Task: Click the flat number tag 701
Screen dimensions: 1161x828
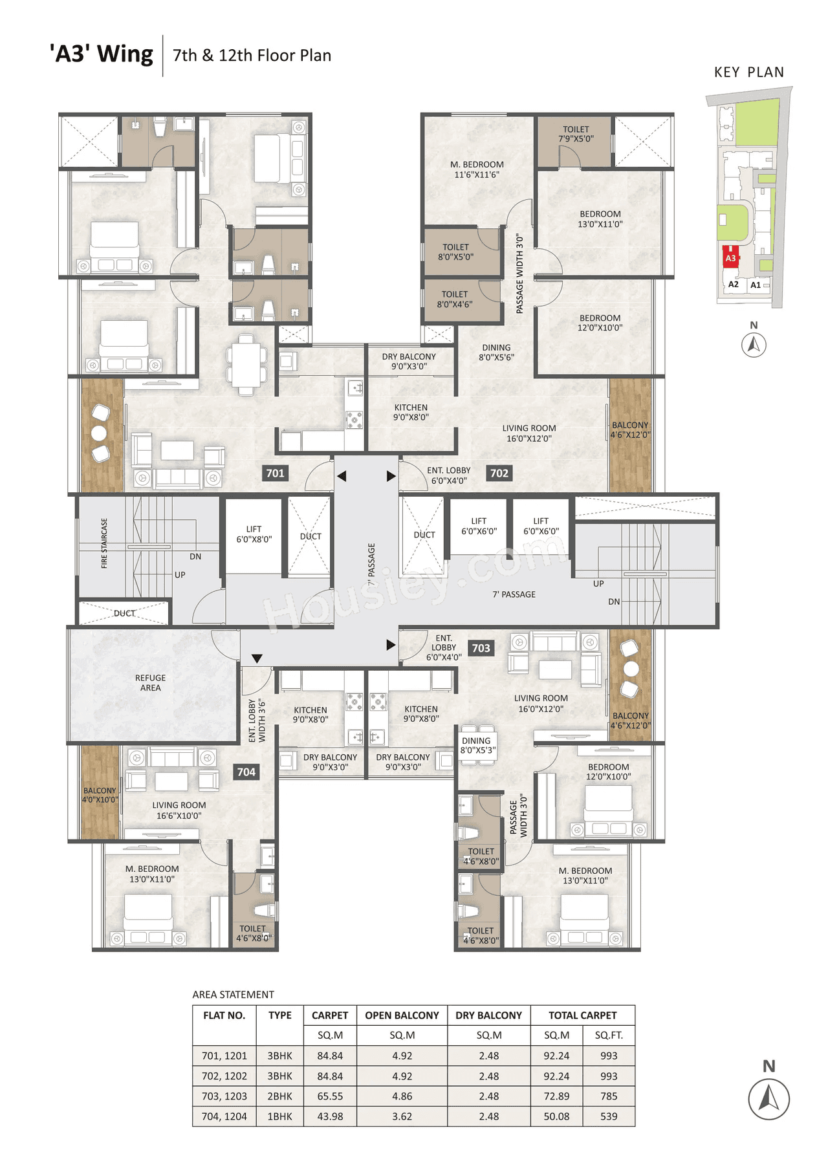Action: point(275,473)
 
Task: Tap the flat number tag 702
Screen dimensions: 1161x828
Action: point(499,473)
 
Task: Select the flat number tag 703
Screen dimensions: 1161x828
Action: point(481,648)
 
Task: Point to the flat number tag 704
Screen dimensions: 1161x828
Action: point(246,772)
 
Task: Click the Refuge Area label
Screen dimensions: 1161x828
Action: point(150,682)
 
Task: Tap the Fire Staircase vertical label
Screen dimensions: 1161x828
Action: point(104,543)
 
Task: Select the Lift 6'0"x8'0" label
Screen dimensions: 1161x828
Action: point(254,534)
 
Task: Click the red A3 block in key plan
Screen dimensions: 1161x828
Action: point(730,257)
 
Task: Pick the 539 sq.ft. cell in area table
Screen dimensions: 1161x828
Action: point(608,1116)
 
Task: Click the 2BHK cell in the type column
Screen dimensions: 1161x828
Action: point(279,1096)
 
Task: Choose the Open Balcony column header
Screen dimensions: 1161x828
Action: point(402,1015)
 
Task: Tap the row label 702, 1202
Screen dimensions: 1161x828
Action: point(224,1076)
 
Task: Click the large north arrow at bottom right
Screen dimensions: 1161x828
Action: point(768,1098)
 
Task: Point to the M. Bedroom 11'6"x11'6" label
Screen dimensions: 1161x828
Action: point(477,169)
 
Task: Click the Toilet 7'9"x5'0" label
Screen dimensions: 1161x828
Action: point(576,134)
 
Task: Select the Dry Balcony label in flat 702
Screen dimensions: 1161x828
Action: point(409,361)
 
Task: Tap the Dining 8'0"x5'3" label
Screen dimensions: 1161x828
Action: point(477,745)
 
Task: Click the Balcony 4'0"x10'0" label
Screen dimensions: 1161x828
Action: point(100,795)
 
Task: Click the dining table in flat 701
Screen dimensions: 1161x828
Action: point(246,364)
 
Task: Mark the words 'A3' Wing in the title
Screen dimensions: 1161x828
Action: point(102,54)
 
